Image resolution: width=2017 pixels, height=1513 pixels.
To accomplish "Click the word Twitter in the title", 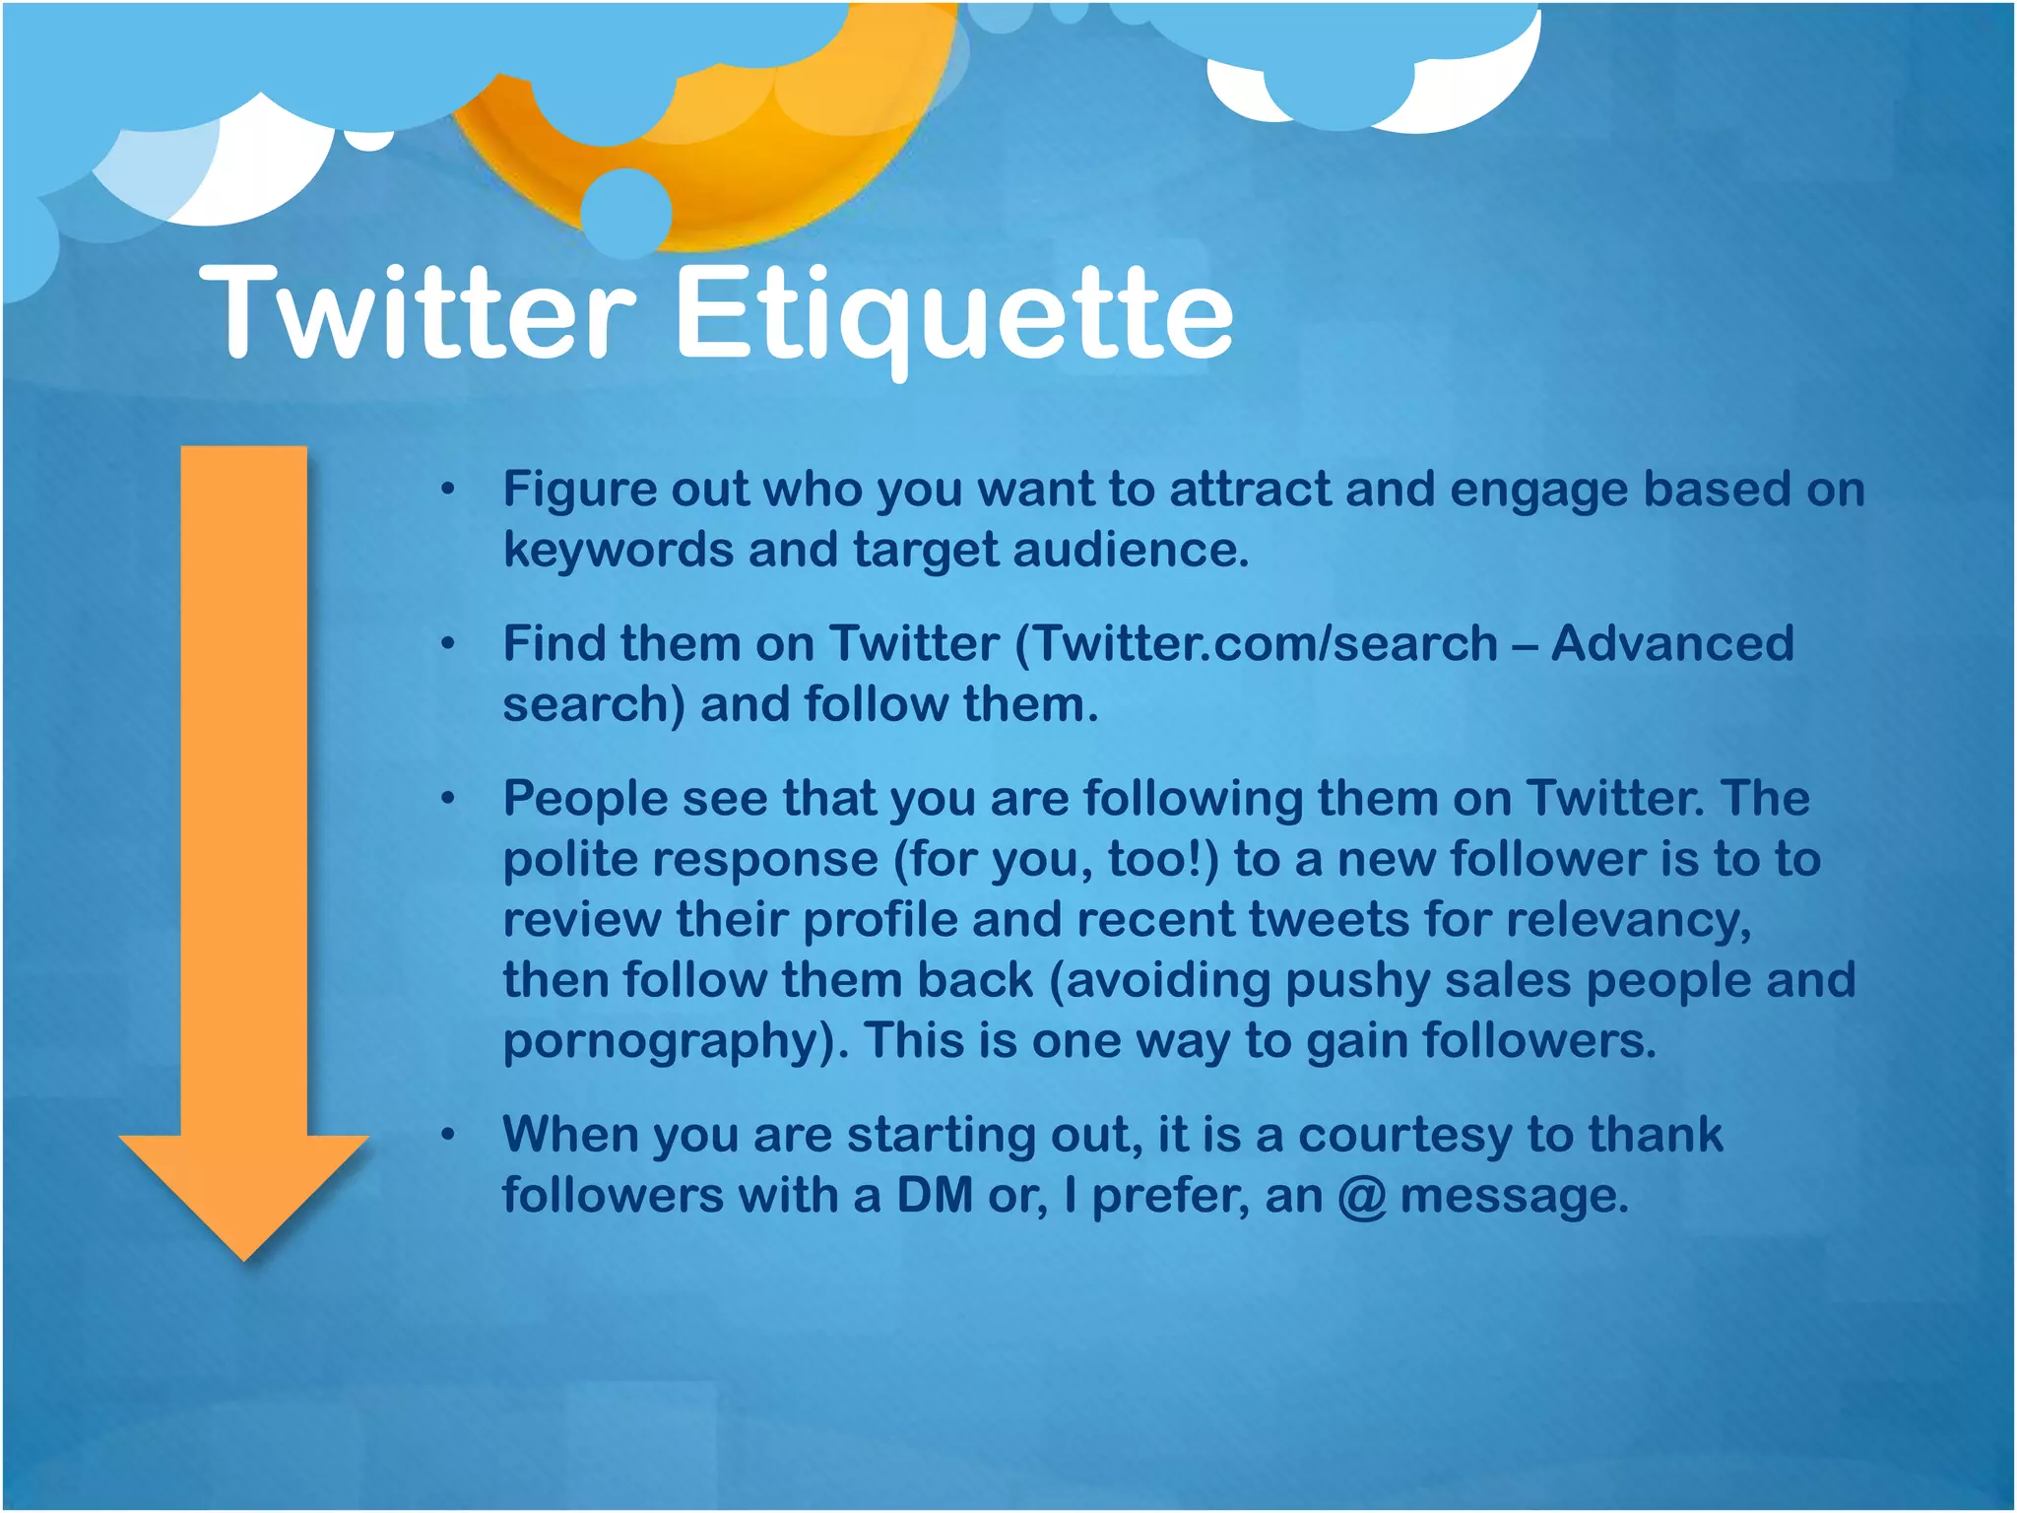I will point(419,313).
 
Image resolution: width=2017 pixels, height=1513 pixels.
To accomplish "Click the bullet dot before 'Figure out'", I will point(448,489).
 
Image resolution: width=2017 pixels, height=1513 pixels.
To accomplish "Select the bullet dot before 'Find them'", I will point(448,644).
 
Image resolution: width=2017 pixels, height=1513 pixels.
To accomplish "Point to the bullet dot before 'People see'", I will point(448,799).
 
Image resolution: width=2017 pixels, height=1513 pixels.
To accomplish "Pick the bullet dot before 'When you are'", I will point(448,1136).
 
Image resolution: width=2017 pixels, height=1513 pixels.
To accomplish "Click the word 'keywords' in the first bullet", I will point(618,549).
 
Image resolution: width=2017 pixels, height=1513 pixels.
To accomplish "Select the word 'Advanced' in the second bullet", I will point(1672,643).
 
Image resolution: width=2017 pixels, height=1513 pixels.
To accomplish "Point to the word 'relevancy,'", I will point(1629,920).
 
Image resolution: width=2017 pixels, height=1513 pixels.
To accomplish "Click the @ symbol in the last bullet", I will point(1362,1197).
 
